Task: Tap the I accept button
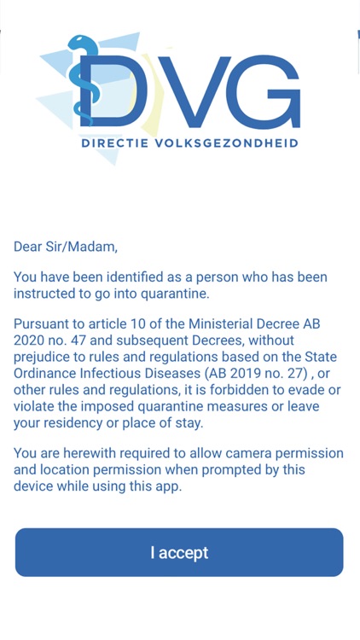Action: coord(179,552)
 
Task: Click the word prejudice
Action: coord(44,358)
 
